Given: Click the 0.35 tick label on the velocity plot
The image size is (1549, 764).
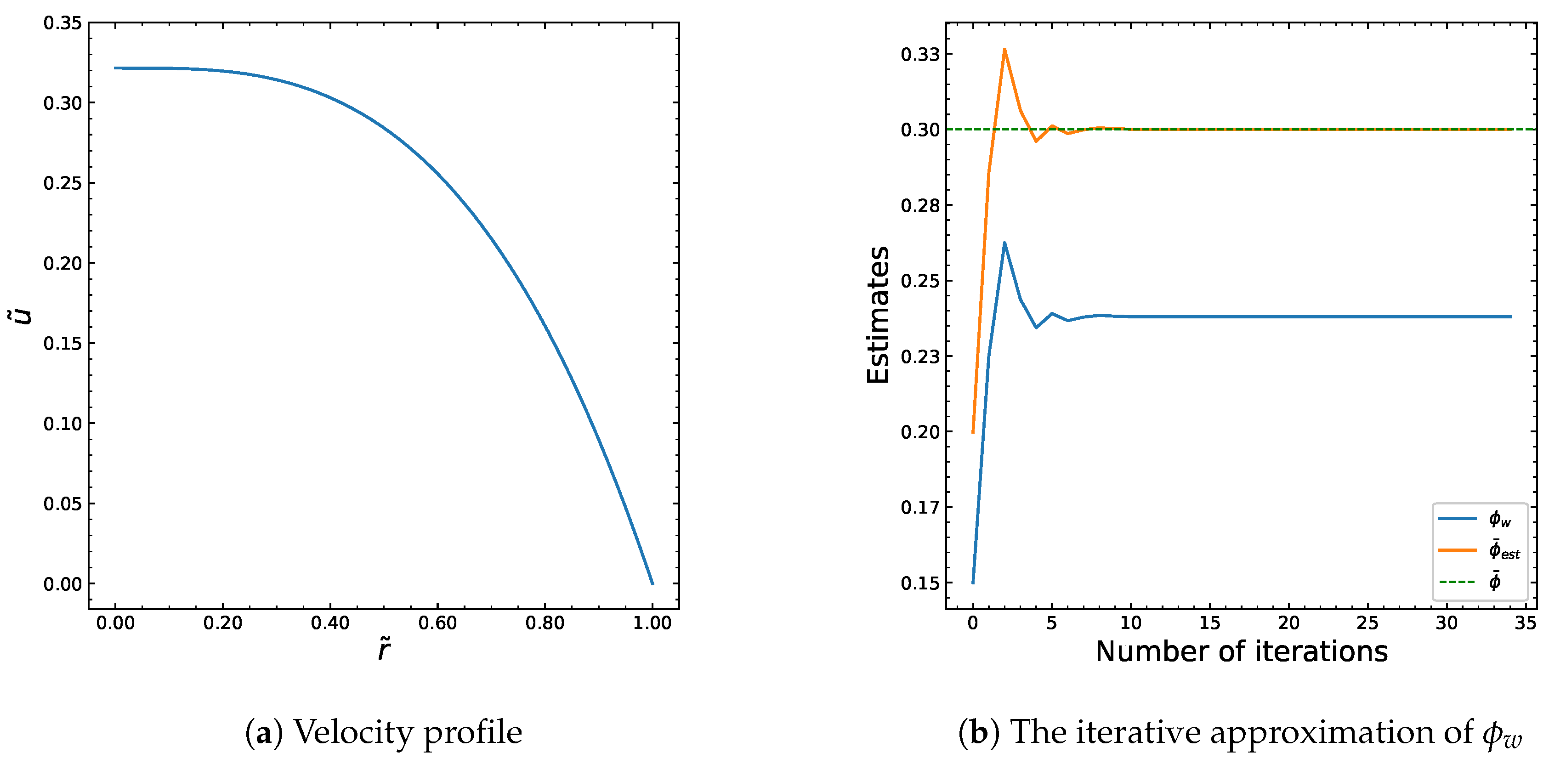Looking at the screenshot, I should pyautogui.click(x=62, y=23).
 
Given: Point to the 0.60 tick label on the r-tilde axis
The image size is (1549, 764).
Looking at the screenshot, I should pyautogui.click(x=437, y=623).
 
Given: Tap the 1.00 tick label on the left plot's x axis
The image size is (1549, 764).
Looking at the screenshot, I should pyautogui.click(x=652, y=623).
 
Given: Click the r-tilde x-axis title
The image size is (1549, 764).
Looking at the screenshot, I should pyautogui.click(x=384, y=650).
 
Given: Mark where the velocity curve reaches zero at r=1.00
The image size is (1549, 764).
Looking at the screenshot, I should pyautogui.click(x=653, y=583).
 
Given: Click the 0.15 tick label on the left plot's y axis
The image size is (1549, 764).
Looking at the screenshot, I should pyautogui.click(x=62, y=343).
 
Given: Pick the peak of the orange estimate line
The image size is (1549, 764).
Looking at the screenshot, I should pyautogui.click(x=1004, y=49).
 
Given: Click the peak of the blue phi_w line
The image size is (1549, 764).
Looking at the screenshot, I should pyautogui.click(x=1004, y=243).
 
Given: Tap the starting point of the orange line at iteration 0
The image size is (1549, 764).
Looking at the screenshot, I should pyautogui.click(x=973, y=432).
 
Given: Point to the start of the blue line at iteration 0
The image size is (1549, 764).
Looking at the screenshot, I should pyautogui.click(x=973, y=582).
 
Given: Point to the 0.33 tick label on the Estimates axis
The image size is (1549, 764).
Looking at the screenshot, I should pyautogui.click(x=919, y=55).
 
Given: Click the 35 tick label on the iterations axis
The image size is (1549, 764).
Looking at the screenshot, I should pyautogui.click(x=1525, y=623).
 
